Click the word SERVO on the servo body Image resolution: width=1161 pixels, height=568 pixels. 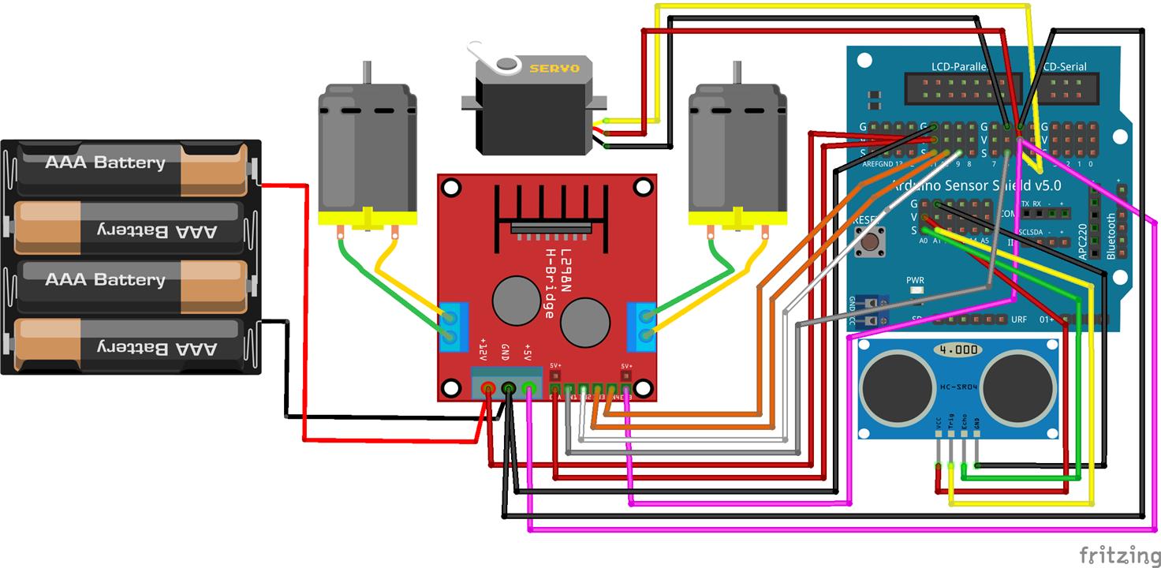point(554,69)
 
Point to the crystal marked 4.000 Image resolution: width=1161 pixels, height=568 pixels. point(958,349)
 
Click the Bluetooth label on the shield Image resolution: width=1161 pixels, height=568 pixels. point(1111,235)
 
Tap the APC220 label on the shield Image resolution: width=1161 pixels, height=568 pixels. point(1083,241)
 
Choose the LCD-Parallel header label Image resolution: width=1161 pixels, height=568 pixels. point(958,66)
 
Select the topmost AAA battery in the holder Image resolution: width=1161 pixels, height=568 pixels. point(133,164)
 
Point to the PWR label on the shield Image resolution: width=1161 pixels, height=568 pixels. point(915,280)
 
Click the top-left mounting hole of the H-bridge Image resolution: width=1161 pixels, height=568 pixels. point(451,189)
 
